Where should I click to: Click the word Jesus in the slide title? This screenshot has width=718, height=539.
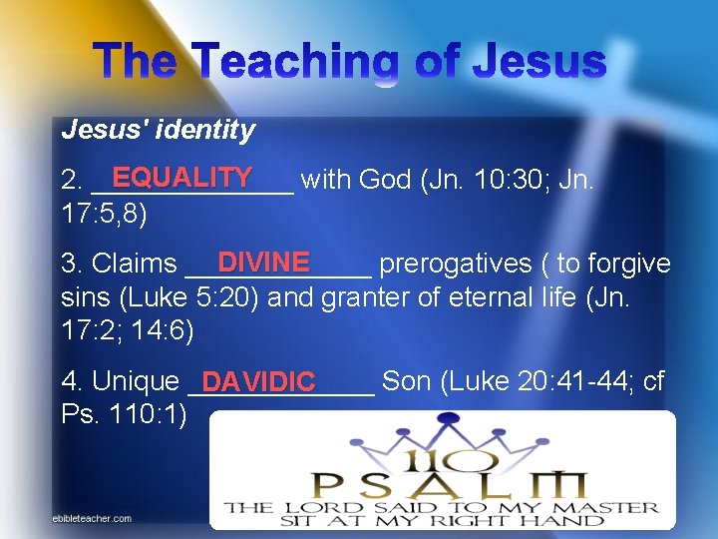538,63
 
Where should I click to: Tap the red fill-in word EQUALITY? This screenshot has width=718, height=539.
181,177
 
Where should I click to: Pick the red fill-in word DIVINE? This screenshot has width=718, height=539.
264,262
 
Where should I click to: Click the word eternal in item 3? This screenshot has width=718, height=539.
459,296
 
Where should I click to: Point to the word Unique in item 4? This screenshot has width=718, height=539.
135,381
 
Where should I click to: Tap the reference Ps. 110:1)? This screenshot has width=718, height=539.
124,413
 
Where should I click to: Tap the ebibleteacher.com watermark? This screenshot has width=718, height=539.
92,518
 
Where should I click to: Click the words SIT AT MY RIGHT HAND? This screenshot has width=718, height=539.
442,525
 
